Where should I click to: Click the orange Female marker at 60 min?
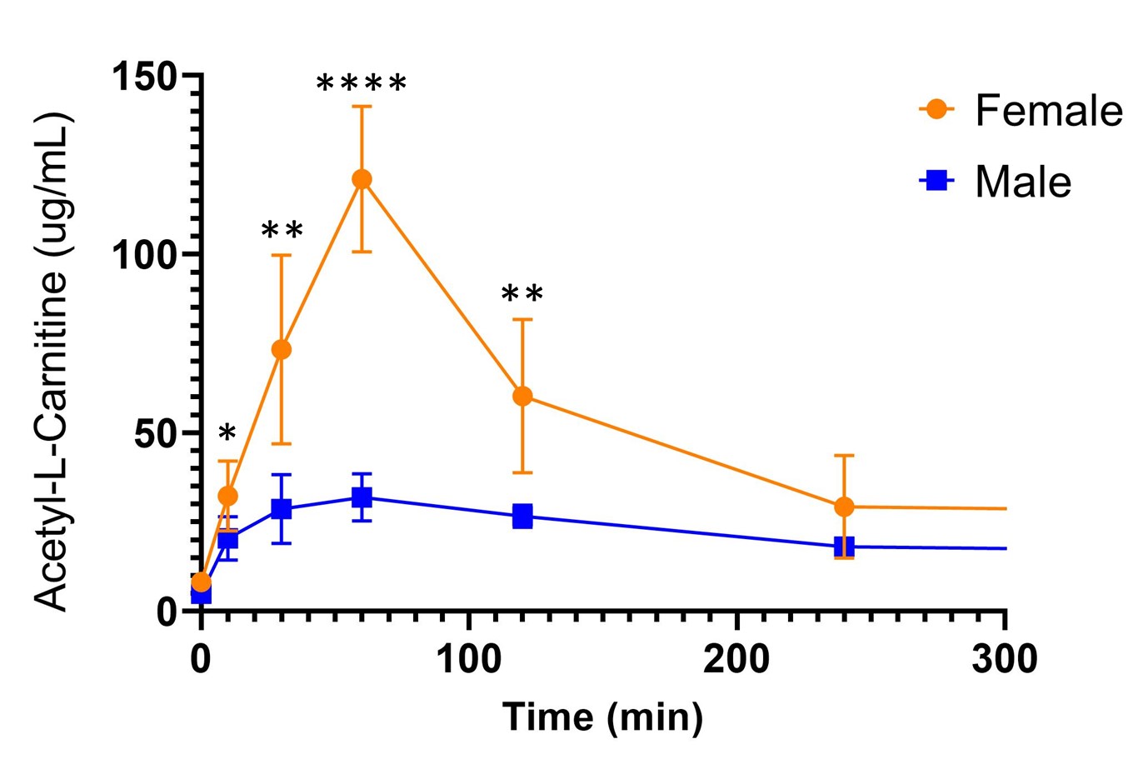362,179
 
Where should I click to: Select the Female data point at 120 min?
522,396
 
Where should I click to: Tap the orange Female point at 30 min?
282,349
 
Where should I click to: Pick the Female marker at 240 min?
844,507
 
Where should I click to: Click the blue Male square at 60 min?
362,497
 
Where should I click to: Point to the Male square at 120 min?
522,517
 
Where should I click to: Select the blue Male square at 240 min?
844,547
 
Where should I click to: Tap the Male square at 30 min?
282,508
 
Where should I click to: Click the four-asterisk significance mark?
362,84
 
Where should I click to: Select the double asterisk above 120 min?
522,295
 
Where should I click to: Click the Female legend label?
1049,111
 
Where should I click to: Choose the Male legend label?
1023,182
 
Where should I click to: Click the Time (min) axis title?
602,717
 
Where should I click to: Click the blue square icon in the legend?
937,180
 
